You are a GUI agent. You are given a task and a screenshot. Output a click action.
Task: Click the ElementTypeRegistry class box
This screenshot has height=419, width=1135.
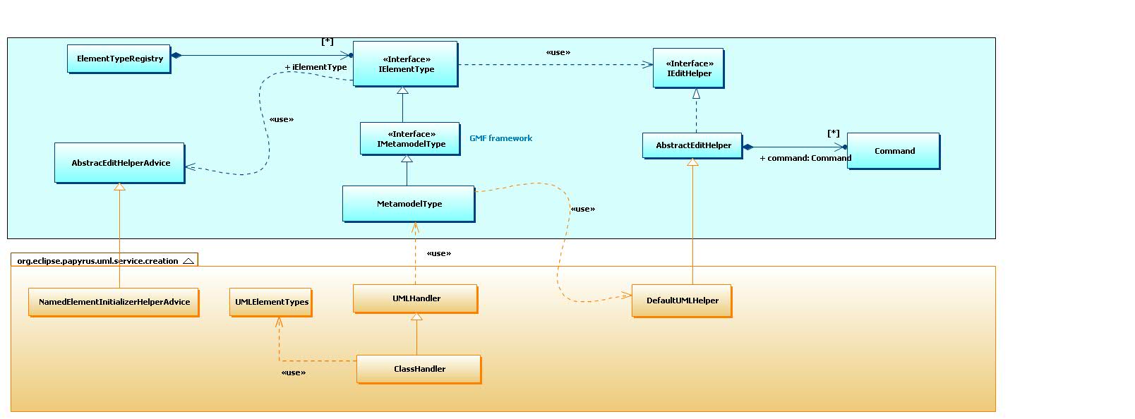pyautogui.click(x=119, y=59)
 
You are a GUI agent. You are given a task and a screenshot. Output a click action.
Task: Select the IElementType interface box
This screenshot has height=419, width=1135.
pyautogui.click(x=405, y=64)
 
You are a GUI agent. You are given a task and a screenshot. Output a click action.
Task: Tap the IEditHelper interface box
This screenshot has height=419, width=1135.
pyautogui.click(x=689, y=68)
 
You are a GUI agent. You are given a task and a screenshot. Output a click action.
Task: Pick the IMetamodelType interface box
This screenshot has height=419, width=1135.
pyautogui.click(x=410, y=139)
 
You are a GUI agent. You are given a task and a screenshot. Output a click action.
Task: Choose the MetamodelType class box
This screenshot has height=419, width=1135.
pyautogui.click(x=409, y=204)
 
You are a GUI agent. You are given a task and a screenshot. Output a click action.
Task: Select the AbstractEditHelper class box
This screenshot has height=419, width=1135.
pyautogui.click(x=692, y=146)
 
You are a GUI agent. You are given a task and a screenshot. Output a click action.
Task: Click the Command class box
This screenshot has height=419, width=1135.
pyautogui.click(x=894, y=151)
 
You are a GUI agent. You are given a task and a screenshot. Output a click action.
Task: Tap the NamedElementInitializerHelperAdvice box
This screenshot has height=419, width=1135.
pyautogui.click(x=114, y=302)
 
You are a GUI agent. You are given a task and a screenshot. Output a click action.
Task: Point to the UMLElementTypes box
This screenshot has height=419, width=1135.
pyautogui.click(x=271, y=303)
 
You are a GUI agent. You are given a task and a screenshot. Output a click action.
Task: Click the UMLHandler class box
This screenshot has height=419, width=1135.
pyautogui.click(x=416, y=299)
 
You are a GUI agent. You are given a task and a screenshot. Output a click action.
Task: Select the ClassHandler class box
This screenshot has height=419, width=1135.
pyautogui.click(x=419, y=370)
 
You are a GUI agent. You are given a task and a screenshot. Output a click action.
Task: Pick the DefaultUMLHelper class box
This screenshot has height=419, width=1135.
pyautogui.click(x=682, y=301)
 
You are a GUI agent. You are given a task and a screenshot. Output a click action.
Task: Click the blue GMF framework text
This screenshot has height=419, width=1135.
pyautogui.click(x=500, y=138)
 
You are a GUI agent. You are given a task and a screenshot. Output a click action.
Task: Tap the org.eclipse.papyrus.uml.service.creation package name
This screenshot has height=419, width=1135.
pyautogui.click(x=98, y=261)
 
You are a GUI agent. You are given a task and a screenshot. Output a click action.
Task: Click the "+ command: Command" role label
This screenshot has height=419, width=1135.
pyautogui.click(x=805, y=158)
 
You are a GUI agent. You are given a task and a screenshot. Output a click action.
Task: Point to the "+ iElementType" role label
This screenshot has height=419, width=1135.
pyautogui.click(x=316, y=67)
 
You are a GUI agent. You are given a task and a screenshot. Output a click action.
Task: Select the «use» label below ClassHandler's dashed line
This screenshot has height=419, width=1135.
pyautogui.click(x=294, y=373)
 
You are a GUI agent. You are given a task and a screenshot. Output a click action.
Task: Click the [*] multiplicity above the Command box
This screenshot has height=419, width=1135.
pyautogui.click(x=834, y=133)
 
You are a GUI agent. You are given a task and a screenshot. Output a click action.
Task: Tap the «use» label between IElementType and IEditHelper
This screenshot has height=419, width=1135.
pyautogui.click(x=558, y=52)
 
